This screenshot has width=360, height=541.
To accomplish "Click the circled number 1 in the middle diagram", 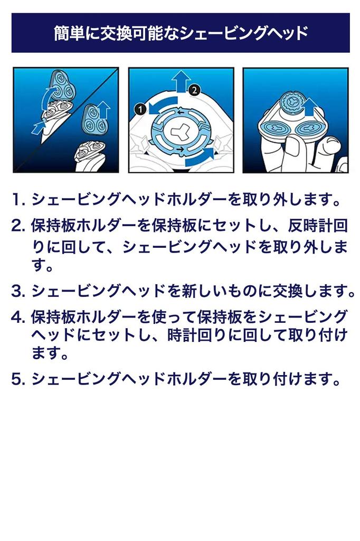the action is [x=140, y=109].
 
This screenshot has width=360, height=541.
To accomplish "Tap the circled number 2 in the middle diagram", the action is [x=194, y=90].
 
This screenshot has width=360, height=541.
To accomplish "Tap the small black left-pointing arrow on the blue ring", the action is [x=181, y=112].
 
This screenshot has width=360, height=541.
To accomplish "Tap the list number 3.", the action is [x=18, y=291].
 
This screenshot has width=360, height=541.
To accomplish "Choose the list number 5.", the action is [x=18, y=379].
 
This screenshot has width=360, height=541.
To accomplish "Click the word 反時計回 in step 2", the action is [x=318, y=226].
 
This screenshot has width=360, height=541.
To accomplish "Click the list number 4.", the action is [x=18, y=317].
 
